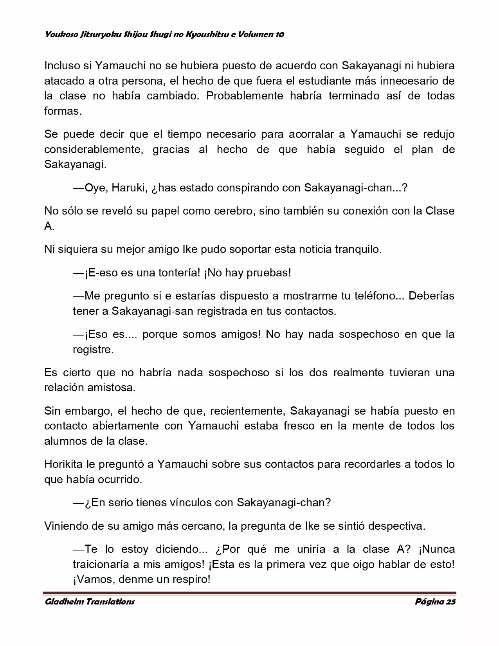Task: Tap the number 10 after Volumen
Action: [279, 34]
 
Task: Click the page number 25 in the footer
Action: [450, 602]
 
